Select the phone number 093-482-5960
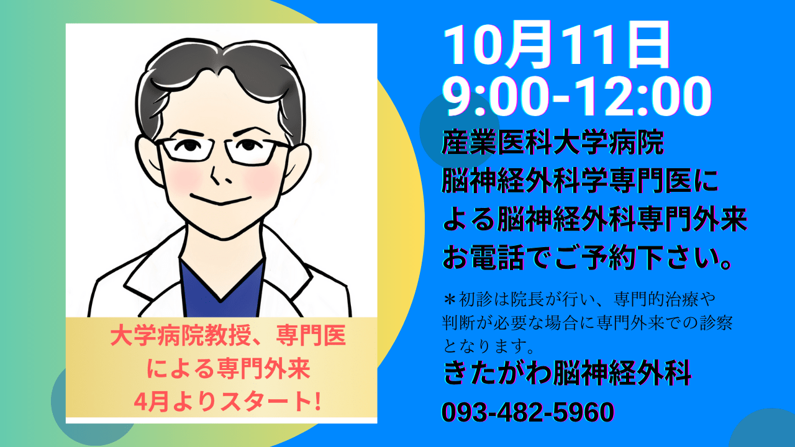[528, 412]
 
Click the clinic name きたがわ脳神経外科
[567, 373]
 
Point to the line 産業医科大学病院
[553, 143]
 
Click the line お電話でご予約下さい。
[588, 258]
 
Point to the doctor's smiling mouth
[220, 199]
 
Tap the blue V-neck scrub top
[222, 289]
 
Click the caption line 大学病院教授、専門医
[228, 336]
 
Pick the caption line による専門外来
[228, 369]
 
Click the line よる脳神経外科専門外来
[595, 219]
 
